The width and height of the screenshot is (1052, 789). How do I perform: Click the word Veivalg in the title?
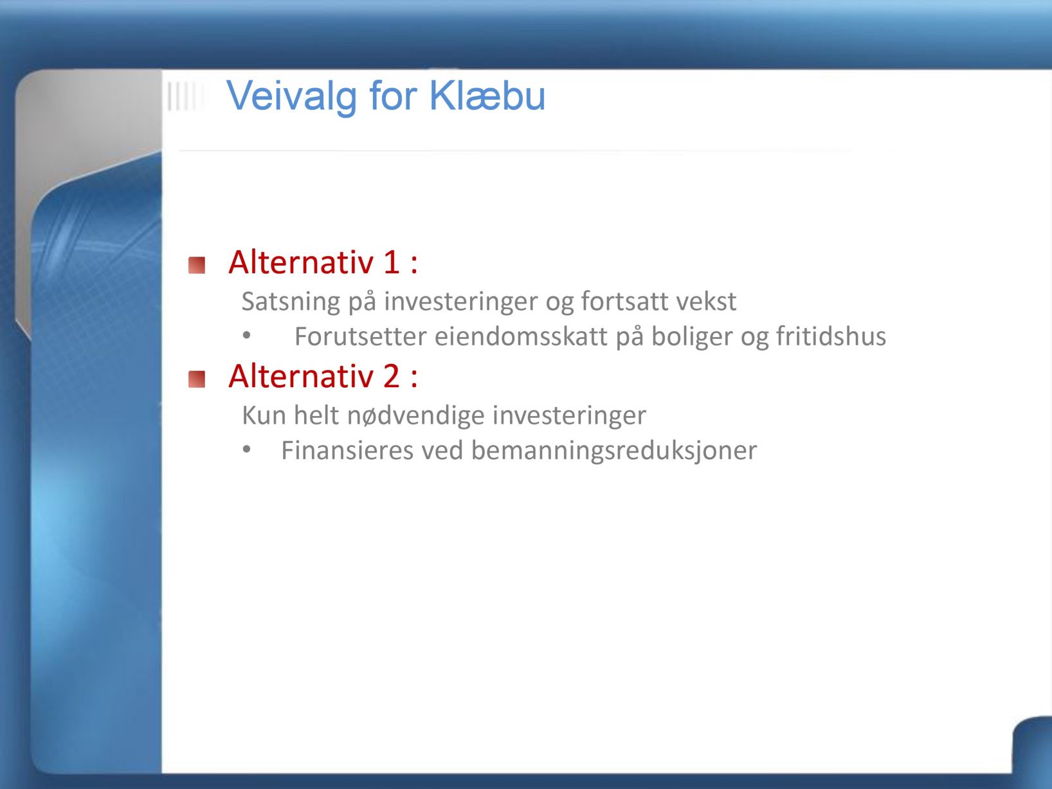pyautogui.click(x=292, y=96)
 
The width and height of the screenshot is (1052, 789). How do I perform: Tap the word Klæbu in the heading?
pyautogui.click(x=487, y=95)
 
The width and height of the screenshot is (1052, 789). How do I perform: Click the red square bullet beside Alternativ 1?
pyautogui.click(x=197, y=265)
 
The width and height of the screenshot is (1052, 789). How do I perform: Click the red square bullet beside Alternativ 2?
pyautogui.click(x=197, y=379)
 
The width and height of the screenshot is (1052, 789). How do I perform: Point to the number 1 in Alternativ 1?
pyautogui.click(x=392, y=262)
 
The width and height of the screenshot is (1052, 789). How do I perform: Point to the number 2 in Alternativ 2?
pyautogui.click(x=391, y=376)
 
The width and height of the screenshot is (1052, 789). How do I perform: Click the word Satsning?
pyautogui.click(x=291, y=302)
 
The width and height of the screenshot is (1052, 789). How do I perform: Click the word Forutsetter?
pyautogui.click(x=360, y=336)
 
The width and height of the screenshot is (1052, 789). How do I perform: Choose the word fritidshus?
pyautogui.click(x=831, y=336)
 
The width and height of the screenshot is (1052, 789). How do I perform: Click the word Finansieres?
pyautogui.click(x=347, y=450)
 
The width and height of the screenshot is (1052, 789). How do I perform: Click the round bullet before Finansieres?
pyautogui.click(x=246, y=449)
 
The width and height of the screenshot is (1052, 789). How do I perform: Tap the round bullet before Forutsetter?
pyautogui.click(x=246, y=335)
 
